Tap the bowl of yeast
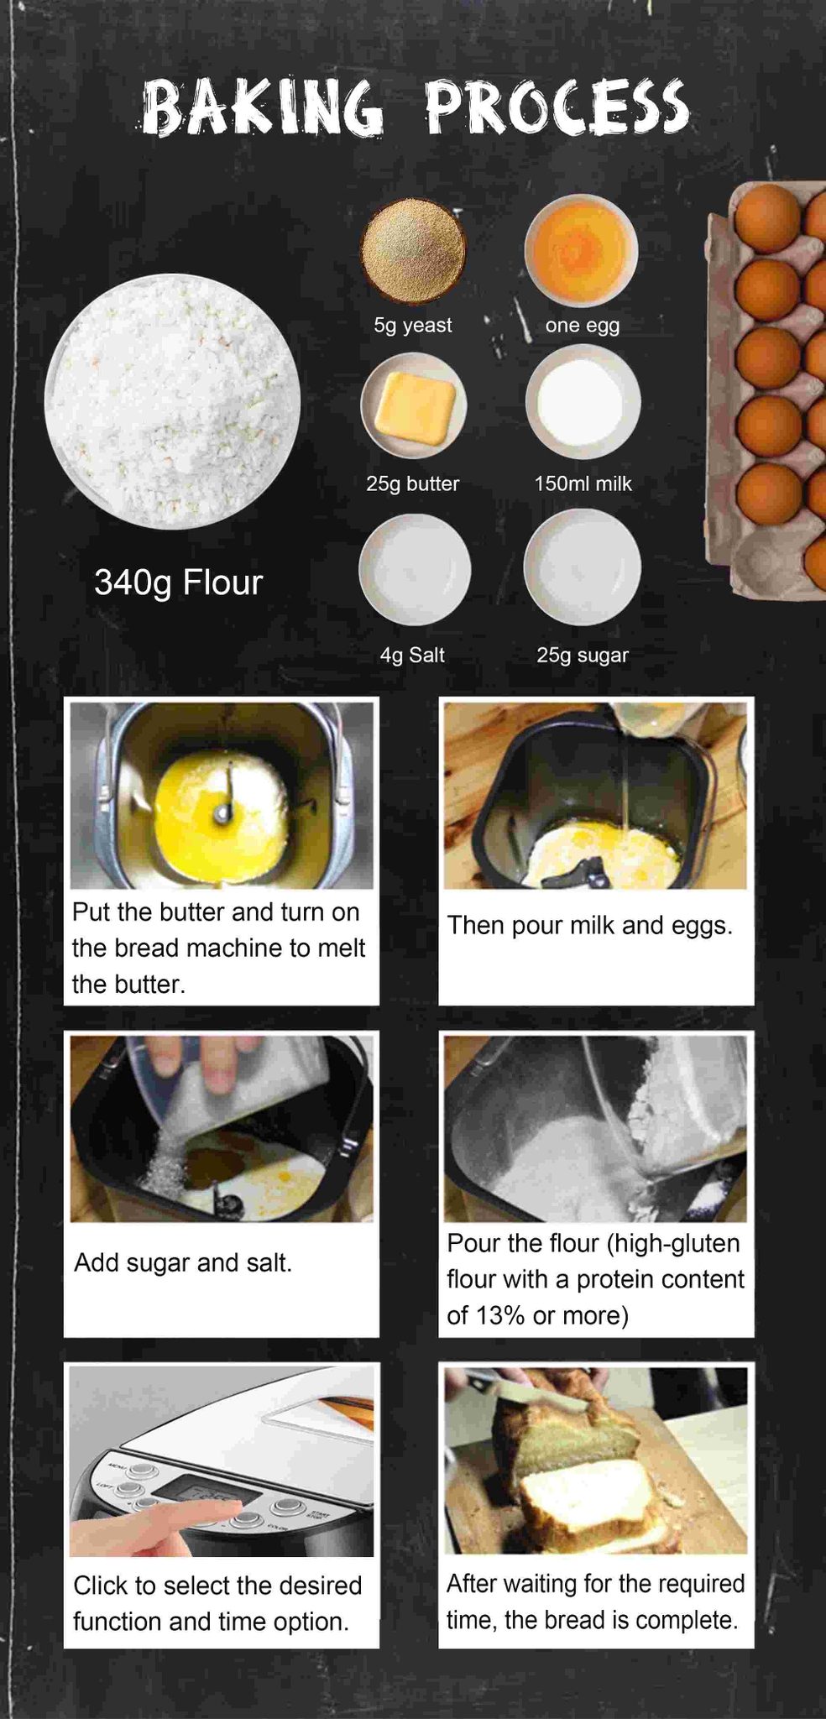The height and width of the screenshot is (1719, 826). (412, 250)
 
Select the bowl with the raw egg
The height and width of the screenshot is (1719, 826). (581, 250)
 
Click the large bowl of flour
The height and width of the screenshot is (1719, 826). (173, 401)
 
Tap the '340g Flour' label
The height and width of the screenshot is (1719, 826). (179, 583)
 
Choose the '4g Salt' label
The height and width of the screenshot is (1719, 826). (412, 656)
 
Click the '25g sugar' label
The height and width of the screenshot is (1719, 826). (583, 656)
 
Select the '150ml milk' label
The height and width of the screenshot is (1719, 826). (583, 483)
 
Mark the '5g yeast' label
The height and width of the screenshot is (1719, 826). (413, 325)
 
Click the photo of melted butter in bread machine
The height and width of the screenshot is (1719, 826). (222, 796)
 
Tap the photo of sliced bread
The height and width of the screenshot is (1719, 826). (595, 1460)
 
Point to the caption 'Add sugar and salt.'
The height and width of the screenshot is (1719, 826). (183, 1262)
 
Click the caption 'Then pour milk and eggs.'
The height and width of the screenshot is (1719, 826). (590, 925)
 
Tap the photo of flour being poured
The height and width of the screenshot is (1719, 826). (595, 1129)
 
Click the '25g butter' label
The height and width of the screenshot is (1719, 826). (413, 484)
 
